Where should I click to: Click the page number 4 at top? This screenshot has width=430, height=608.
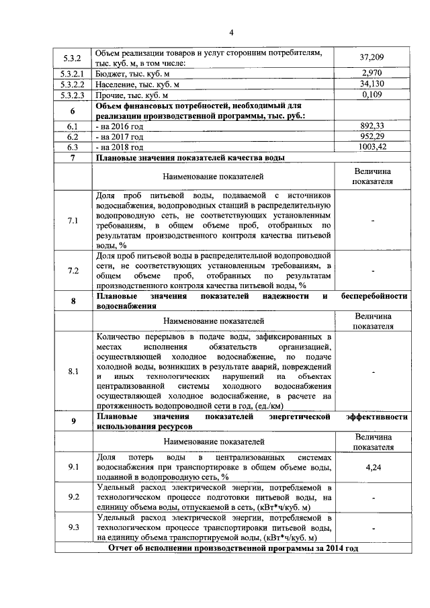click(230, 32)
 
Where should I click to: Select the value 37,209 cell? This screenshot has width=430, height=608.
click(372, 58)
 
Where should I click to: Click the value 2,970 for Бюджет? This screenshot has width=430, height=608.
click(372, 73)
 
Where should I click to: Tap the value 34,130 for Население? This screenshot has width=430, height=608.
click(372, 84)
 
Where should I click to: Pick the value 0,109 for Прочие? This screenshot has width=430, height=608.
click(372, 95)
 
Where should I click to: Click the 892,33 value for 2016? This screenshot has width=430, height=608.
click(372, 126)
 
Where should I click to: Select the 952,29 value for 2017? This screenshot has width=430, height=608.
click(372, 136)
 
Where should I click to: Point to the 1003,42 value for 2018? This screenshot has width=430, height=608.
click(372, 146)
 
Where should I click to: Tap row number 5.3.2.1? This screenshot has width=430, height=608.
click(73, 73)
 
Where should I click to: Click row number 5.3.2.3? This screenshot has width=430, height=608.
click(73, 95)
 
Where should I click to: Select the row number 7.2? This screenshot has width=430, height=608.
click(73, 271)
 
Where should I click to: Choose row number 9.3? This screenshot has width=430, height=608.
click(73, 527)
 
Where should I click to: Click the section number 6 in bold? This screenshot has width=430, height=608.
click(73, 111)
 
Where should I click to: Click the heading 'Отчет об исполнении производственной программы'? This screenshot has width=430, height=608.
click(233, 548)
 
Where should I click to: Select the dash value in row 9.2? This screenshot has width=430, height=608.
click(372, 498)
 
